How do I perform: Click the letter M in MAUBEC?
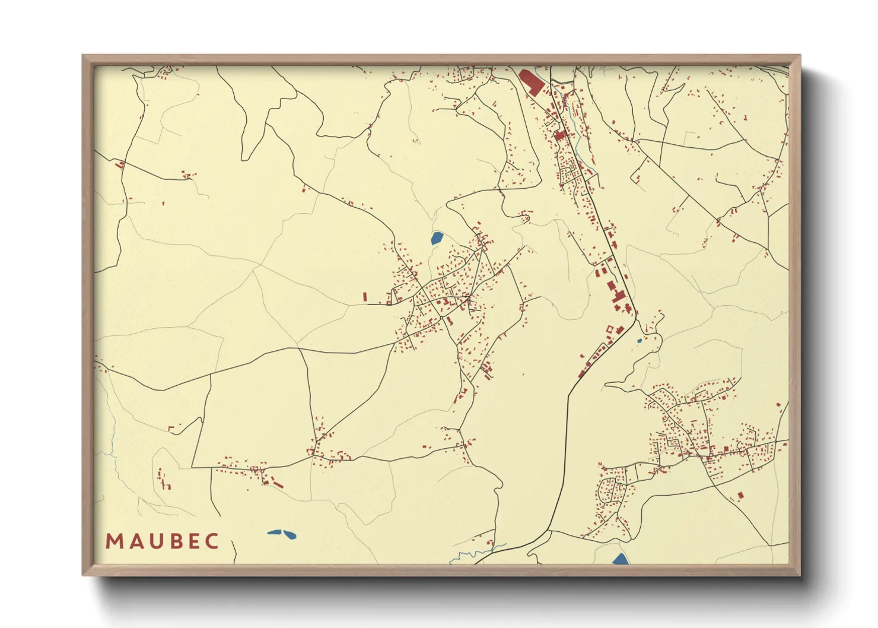[114, 541]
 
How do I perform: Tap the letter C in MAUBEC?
[211, 541]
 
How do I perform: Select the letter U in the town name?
[152, 541]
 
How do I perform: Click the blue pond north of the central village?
[437, 239]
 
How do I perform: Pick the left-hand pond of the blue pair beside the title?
[275, 532]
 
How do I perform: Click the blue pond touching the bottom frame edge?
[620, 559]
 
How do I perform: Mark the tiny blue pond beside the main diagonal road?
[639, 341]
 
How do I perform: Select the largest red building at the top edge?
[531, 82]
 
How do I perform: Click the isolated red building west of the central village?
[365, 296]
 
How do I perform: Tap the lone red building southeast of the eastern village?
[740, 494]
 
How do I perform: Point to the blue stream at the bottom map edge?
[475, 555]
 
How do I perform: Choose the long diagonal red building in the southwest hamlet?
[278, 484]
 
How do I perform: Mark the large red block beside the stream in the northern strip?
[560, 135]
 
